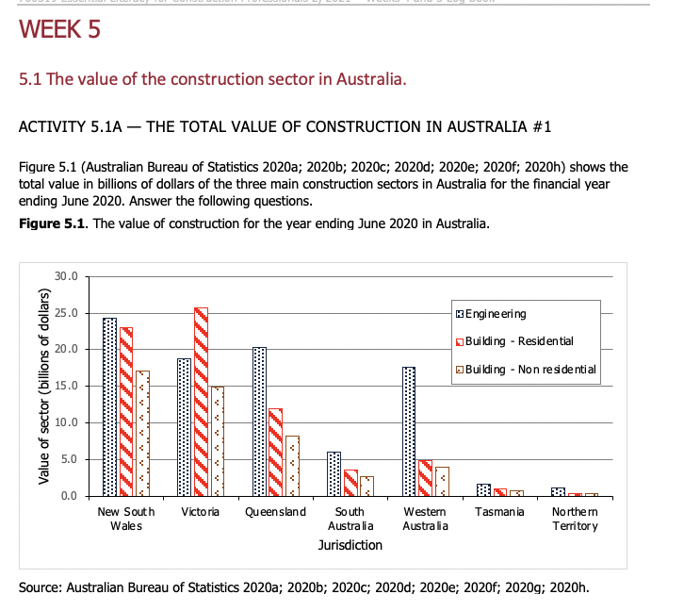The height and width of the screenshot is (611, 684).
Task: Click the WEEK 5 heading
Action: point(59,30)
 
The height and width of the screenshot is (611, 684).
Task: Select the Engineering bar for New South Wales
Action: point(110,406)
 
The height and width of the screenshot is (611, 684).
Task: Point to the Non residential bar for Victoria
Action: point(217,441)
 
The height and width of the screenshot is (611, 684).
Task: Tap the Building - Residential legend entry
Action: point(513,340)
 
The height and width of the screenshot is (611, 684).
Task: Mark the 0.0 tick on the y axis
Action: point(71,496)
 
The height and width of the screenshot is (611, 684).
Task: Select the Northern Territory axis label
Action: point(574,518)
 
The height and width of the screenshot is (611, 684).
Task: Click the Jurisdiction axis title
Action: point(350,545)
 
